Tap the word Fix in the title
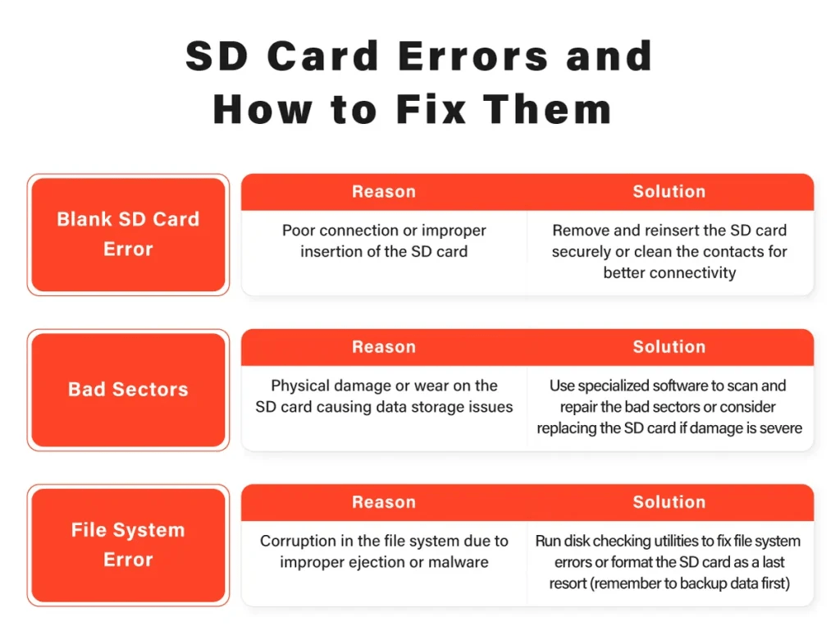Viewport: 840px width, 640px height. [439, 110]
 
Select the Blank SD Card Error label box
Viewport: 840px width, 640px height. [128, 234]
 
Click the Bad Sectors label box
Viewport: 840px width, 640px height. [128, 390]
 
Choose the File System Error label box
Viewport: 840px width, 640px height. [128, 545]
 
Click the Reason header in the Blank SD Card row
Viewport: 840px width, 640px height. [384, 192]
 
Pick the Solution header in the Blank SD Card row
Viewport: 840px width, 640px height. [669, 192]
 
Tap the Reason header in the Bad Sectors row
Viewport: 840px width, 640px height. [384, 347]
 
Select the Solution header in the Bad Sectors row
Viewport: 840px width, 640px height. [669, 347]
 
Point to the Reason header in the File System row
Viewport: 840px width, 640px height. [384, 502]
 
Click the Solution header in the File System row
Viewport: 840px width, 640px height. [669, 502]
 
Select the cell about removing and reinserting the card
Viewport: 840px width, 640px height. [669, 252]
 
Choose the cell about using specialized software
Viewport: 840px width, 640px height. [669, 407]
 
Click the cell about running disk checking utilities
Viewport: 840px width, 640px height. [669, 562]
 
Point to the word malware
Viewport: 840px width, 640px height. [460, 563]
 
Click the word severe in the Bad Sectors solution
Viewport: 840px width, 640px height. [780, 428]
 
